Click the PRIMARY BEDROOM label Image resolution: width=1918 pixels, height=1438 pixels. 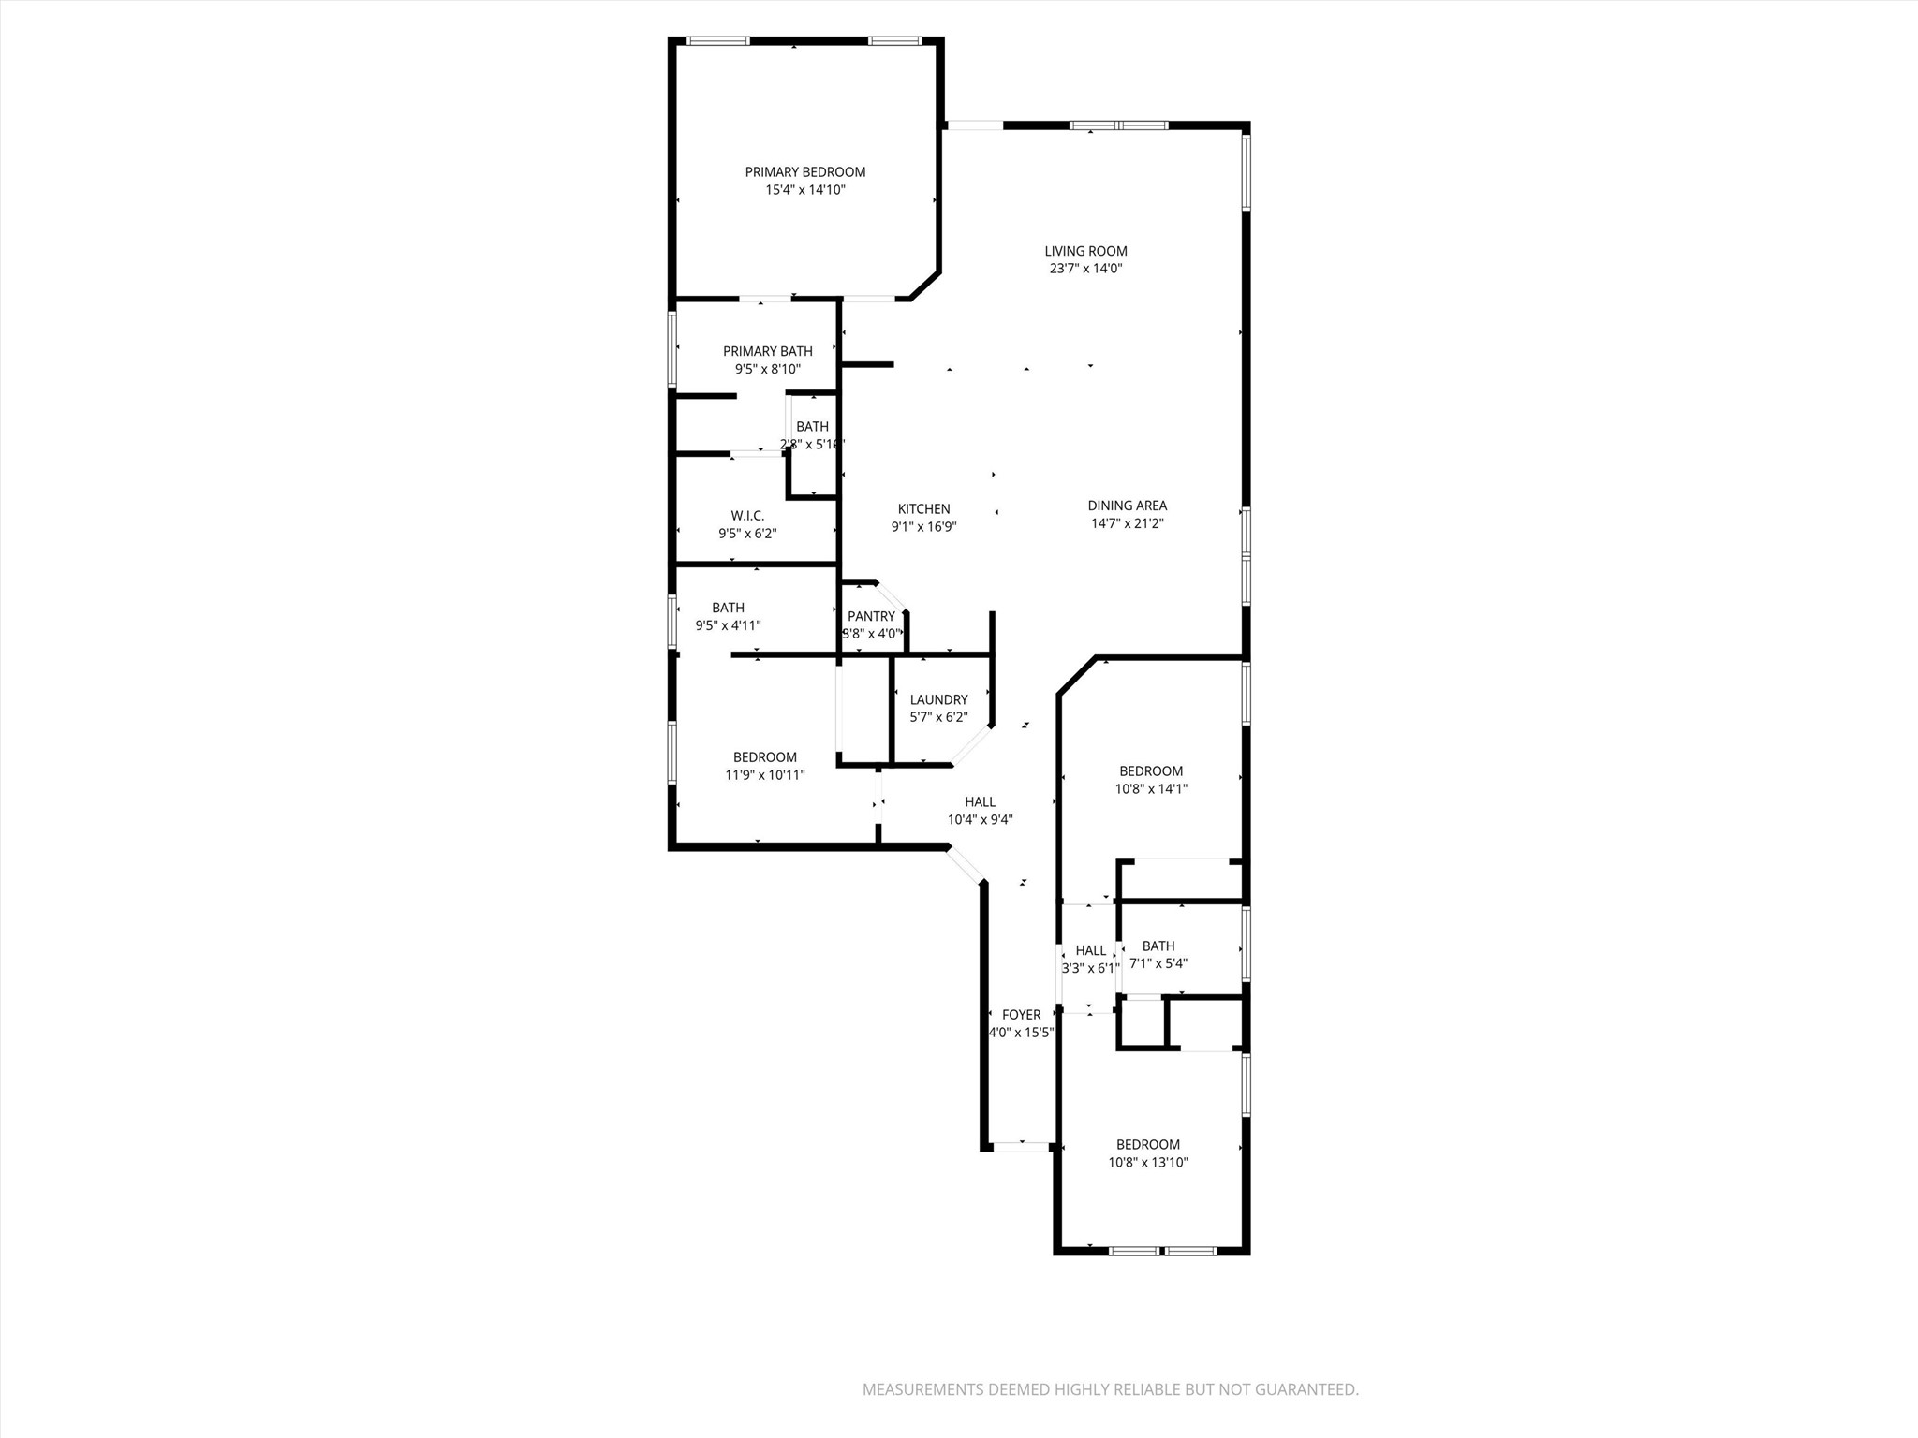point(804,172)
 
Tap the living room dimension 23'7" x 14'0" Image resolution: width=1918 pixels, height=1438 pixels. point(1085,269)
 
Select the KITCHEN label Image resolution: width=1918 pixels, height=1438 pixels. point(923,509)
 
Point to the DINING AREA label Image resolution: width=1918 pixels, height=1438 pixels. point(1127,506)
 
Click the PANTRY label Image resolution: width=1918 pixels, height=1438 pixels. point(871,616)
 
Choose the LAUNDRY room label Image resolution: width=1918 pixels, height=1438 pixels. point(938,699)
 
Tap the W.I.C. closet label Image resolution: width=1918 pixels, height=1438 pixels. point(747,516)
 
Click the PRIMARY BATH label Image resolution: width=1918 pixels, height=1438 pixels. point(767,351)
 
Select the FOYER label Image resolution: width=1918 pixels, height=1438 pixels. point(1021,1015)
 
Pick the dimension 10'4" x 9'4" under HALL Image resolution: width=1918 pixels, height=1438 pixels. point(980,819)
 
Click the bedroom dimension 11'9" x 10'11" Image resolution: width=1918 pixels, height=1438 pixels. point(764,775)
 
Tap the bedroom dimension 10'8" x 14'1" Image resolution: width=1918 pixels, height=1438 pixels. point(1150,789)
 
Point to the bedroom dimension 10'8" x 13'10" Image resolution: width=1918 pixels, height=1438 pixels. point(1147,1163)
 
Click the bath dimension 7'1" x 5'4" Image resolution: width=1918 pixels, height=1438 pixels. point(1158,963)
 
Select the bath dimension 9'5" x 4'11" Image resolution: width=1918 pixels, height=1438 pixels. point(728,625)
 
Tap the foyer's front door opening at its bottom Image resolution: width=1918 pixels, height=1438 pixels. point(1021,1146)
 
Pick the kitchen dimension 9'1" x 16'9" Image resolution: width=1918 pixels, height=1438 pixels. point(923,527)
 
